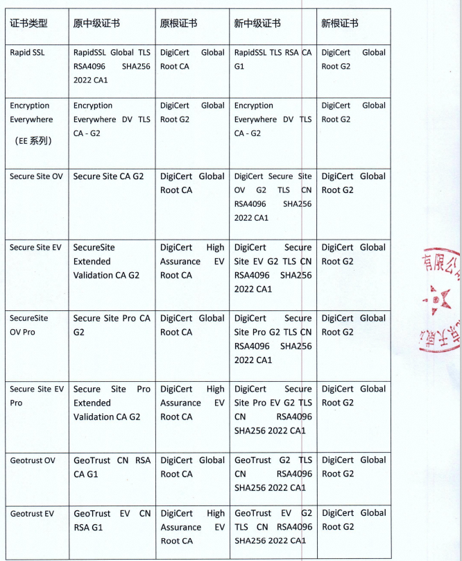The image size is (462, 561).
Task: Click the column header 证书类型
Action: tap(29, 23)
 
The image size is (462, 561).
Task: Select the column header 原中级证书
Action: tap(96, 23)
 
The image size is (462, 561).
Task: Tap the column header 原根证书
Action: tap(178, 23)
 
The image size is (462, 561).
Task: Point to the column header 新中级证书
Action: tap(257, 23)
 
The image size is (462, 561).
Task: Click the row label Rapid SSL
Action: tap(27, 53)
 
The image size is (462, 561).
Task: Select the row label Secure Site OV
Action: tap(36, 176)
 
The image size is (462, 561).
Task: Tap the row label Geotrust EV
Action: tap(32, 514)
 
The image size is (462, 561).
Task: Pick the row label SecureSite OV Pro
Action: tap(29, 325)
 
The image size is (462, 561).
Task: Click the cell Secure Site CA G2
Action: tap(108, 176)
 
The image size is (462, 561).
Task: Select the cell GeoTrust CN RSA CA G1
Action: tap(112, 467)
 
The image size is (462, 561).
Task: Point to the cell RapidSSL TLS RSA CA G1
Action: tap(273, 60)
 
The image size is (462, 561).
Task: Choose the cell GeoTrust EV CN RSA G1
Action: tap(112, 520)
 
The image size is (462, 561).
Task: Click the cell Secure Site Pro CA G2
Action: tap(112, 325)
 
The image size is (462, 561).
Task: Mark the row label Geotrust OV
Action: tap(33, 460)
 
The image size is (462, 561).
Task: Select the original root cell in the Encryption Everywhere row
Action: tap(192, 112)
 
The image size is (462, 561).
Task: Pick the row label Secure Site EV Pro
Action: tap(36, 396)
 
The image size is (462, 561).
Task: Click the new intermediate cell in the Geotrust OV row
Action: tap(273, 474)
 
